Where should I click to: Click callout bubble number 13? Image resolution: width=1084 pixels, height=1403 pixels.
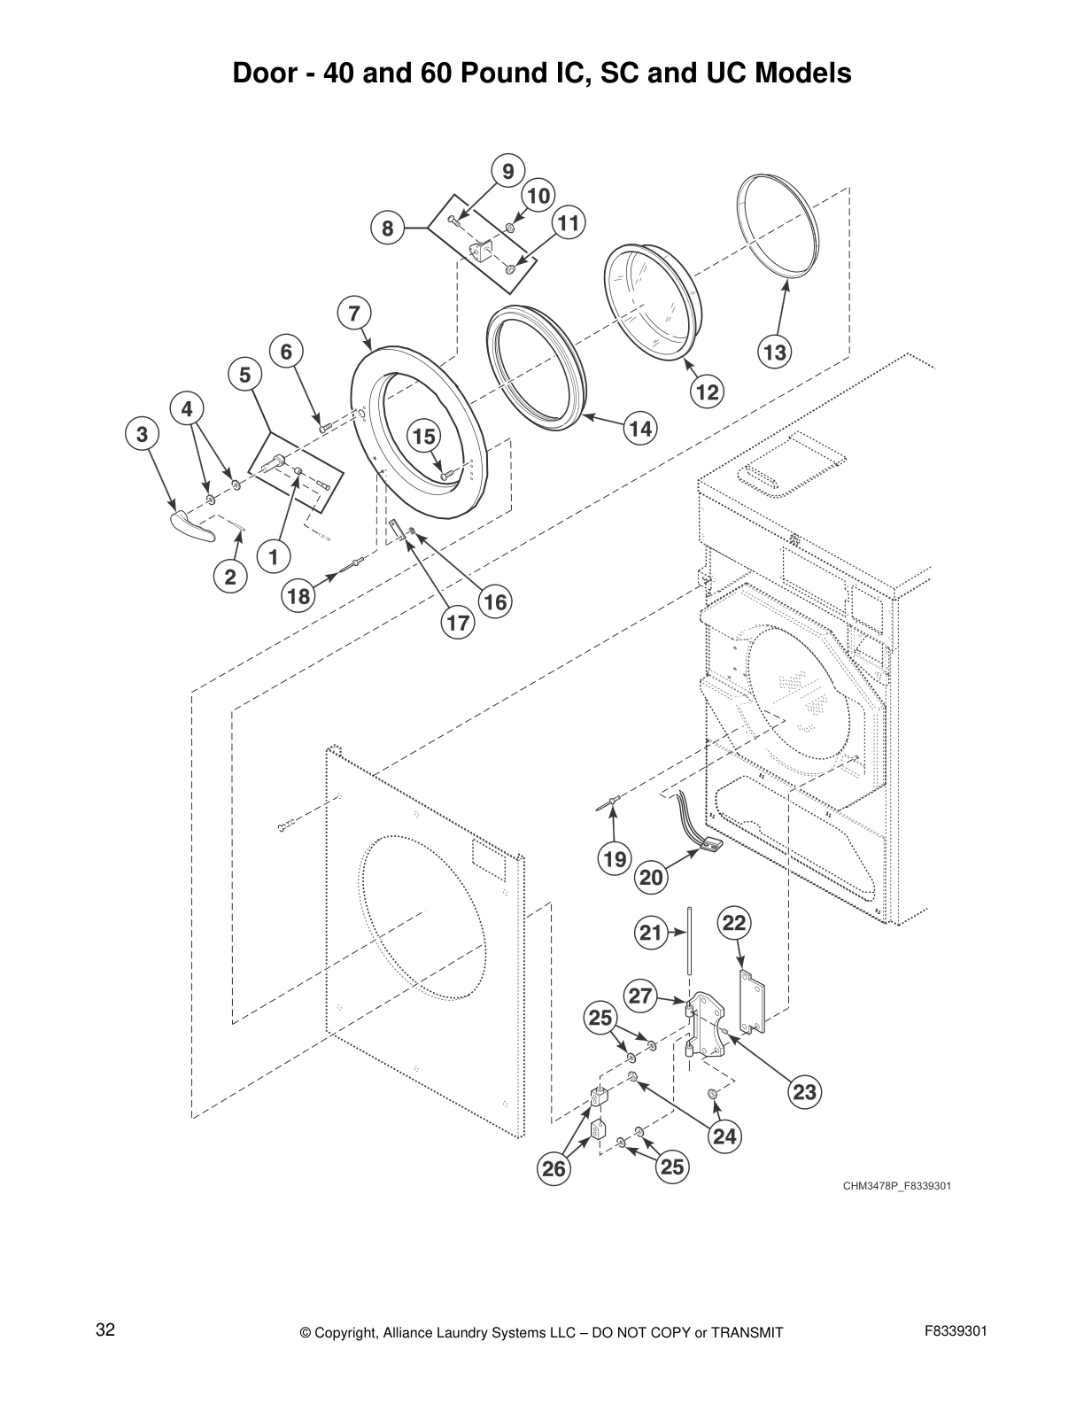[774, 353]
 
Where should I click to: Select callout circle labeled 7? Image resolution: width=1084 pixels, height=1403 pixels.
[353, 313]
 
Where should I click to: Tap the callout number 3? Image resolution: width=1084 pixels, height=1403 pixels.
[142, 434]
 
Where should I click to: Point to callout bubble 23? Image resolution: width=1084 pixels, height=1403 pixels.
[804, 1092]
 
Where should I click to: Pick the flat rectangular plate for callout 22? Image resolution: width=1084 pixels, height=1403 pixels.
[751, 1001]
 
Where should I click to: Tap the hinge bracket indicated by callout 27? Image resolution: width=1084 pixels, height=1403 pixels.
[706, 1027]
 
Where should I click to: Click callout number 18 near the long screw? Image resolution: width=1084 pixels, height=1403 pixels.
[299, 596]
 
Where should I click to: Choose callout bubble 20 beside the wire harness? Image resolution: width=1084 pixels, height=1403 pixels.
[651, 877]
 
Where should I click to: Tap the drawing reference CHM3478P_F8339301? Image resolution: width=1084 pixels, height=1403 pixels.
[897, 1185]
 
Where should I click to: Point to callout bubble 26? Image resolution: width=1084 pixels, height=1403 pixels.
[554, 1169]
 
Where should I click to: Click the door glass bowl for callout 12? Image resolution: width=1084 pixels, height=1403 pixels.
[651, 306]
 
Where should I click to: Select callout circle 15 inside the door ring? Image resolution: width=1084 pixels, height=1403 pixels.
[423, 437]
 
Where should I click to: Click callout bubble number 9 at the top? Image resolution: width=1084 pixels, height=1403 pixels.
[507, 171]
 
